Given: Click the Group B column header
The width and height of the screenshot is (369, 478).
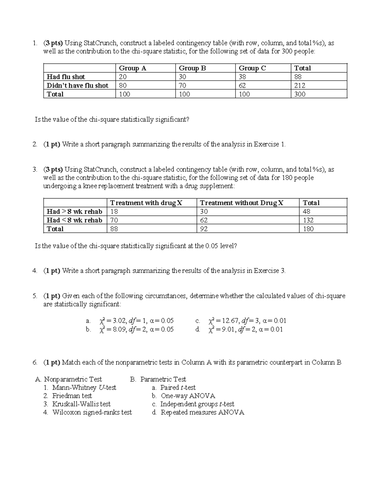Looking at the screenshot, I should (192, 68).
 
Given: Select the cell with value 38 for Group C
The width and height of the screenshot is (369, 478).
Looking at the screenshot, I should (243, 77).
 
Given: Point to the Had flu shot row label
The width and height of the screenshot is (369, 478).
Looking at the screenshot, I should (65, 77).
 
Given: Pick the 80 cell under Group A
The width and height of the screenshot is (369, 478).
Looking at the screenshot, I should (123, 85).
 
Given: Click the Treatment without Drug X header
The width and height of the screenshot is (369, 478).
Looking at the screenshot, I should (242, 203).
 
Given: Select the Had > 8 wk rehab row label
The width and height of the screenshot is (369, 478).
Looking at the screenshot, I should (74, 211).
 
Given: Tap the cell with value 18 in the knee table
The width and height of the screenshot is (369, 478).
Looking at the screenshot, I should (114, 211).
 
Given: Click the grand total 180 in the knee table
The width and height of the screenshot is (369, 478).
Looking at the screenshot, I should (308, 229).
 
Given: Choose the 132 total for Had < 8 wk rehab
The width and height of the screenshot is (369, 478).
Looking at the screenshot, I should (308, 220).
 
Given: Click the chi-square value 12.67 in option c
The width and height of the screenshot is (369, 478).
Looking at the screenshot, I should (231, 321).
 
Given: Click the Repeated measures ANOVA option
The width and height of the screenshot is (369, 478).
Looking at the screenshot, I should (202, 412).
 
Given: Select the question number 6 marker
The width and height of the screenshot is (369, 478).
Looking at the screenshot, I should (34, 362).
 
